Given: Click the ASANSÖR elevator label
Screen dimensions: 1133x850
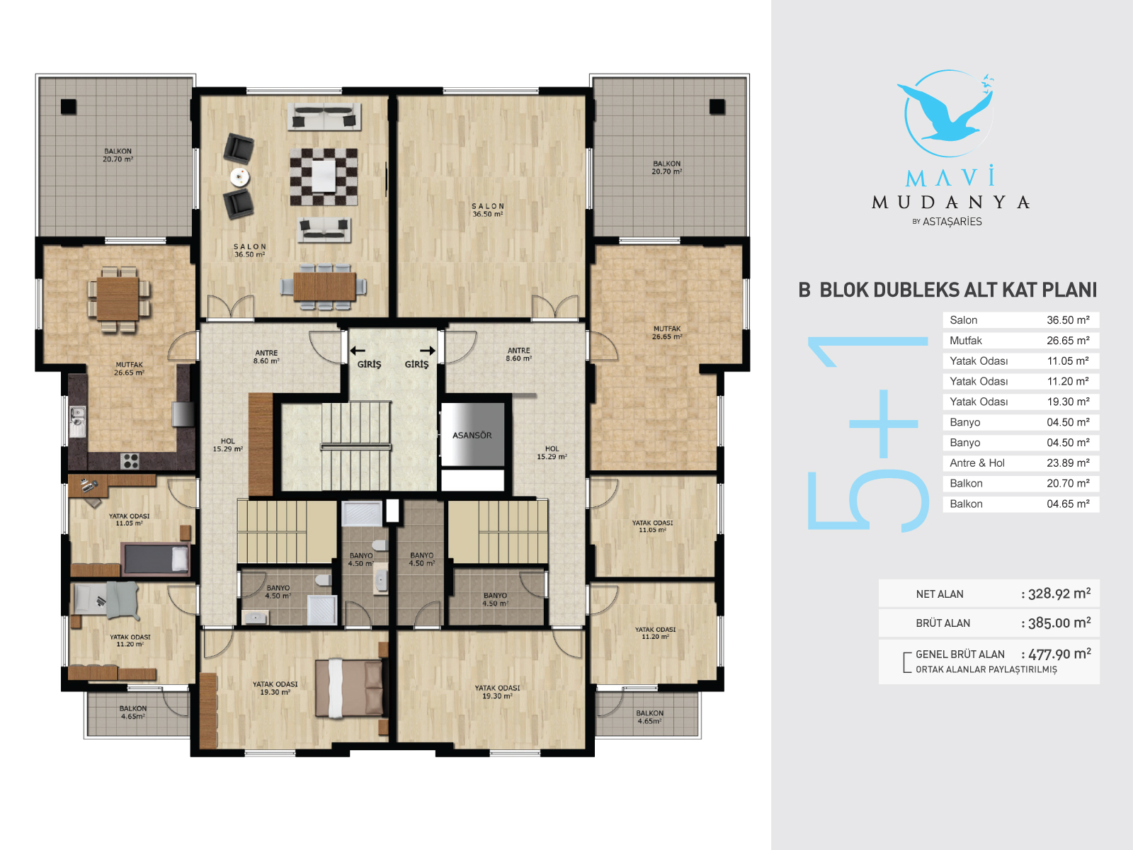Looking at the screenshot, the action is [x=472, y=435].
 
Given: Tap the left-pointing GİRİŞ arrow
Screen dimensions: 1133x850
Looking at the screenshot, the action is [x=358, y=351].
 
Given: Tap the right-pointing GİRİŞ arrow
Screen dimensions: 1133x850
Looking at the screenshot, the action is [x=428, y=351].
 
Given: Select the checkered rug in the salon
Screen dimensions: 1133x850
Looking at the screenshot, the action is [x=323, y=177].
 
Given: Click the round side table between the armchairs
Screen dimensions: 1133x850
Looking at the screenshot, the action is [x=239, y=177].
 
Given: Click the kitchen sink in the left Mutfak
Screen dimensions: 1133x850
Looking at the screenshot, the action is [x=77, y=421].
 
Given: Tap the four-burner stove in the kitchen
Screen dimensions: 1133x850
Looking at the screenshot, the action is [x=130, y=460].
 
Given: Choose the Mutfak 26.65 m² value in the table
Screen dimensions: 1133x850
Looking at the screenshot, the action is [x=1068, y=341].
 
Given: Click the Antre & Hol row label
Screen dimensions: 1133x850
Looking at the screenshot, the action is [x=977, y=463].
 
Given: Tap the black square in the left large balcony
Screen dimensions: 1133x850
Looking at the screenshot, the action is [x=69, y=106].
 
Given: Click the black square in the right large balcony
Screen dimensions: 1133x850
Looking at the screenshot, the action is [x=717, y=106].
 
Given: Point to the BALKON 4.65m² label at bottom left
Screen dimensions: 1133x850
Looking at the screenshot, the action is [x=133, y=712].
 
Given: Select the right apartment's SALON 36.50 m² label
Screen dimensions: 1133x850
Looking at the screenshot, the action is [x=488, y=210].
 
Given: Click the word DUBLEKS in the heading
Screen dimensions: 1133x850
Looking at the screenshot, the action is [x=889, y=290].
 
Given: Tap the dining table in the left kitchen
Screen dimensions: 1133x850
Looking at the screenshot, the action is [x=118, y=299].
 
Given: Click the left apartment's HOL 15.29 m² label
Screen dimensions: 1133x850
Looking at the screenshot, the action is [x=227, y=445].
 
